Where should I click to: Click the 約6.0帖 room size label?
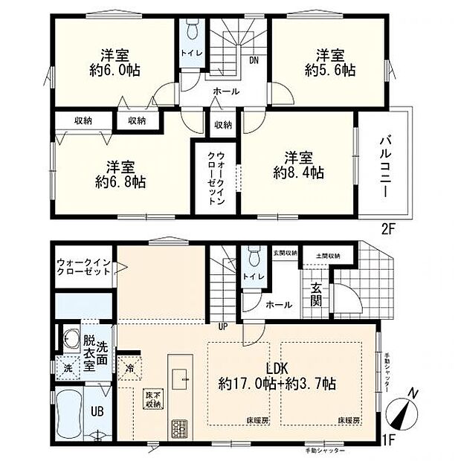click(x=113, y=71)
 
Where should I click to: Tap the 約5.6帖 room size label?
click(x=330, y=71)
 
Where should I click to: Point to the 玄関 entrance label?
click(x=315, y=295)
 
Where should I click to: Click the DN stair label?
click(x=254, y=61)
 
